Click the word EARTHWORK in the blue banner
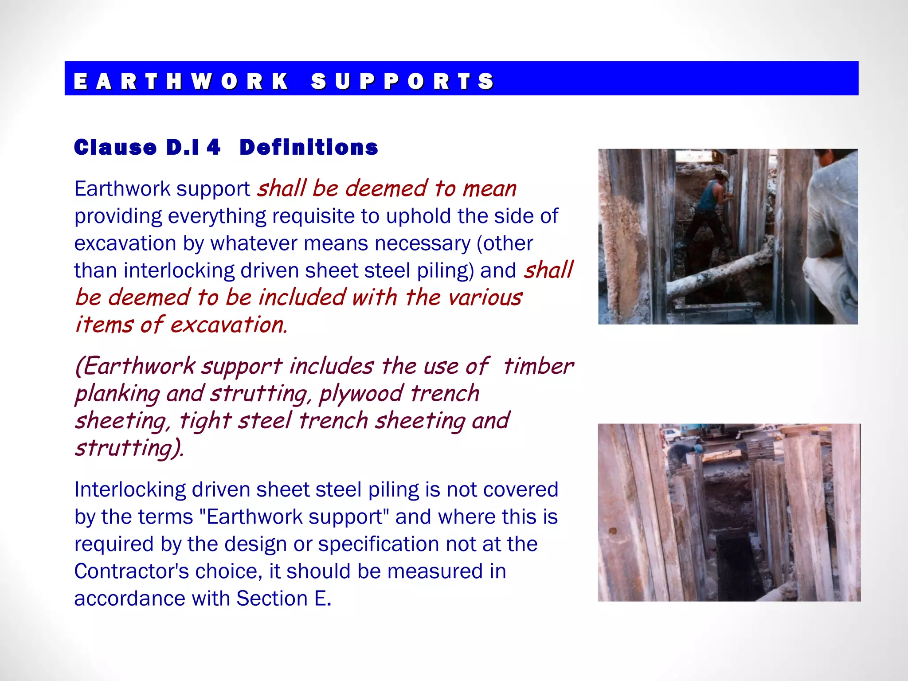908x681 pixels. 181,81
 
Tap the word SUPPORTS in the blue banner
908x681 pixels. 402,81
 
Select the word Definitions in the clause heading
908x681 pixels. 309,147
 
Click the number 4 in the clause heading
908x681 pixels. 213,147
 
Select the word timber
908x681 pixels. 538,366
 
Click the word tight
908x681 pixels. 205,421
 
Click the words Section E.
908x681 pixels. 284,599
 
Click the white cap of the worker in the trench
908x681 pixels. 724,173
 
